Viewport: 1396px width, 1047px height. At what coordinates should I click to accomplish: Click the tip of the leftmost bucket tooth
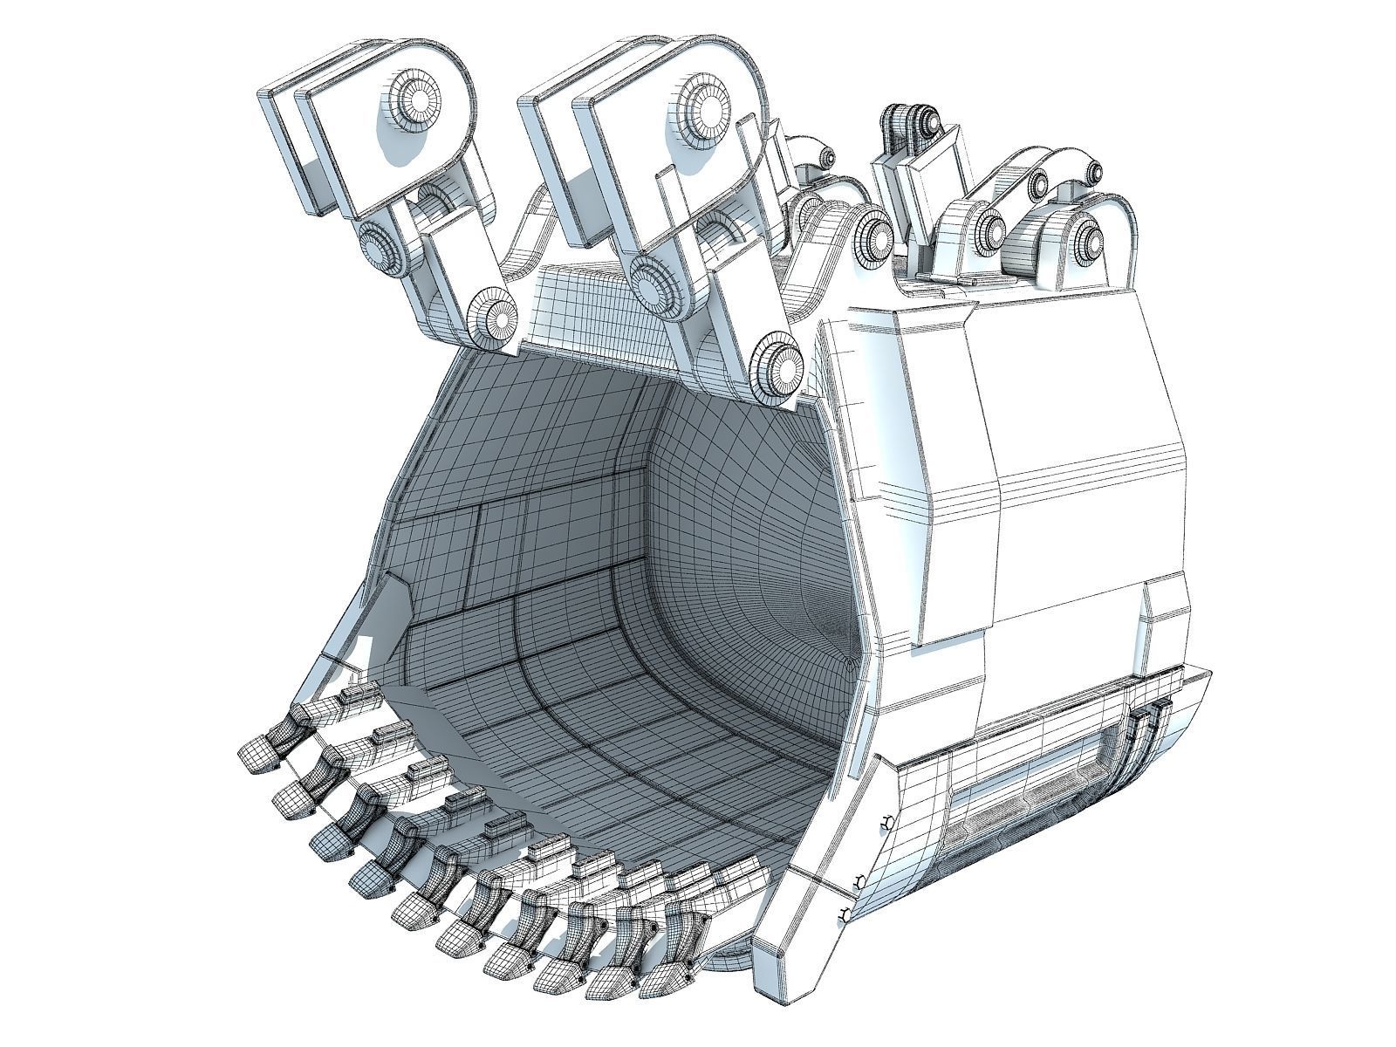point(256,752)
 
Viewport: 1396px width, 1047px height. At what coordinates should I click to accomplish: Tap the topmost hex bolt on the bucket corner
point(886,822)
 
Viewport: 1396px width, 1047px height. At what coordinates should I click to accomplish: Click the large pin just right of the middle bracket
point(872,236)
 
